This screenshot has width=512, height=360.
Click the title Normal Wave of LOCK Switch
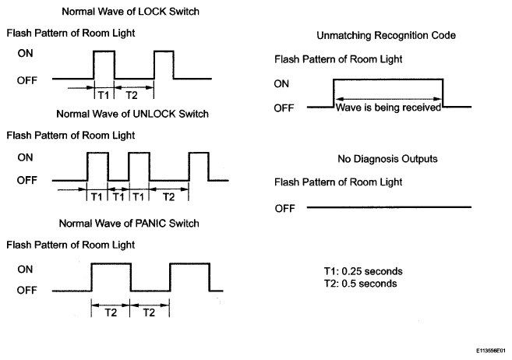click(x=131, y=12)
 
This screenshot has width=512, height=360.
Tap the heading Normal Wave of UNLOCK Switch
click(x=132, y=114)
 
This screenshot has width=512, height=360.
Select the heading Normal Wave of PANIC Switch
click(x=129, y=223)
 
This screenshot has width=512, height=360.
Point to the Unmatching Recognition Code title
click(x=387, y=35)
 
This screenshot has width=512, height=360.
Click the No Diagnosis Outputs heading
click(x=387, y=159)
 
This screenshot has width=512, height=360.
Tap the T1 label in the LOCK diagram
click(x=104, y=95)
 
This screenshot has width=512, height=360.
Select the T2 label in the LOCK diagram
click(x=132, y=95)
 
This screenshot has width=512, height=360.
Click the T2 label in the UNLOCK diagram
click(x=168, y=197)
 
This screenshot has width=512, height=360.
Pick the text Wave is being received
click(x=388, y=108)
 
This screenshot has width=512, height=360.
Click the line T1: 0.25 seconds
click(x=363, y=271)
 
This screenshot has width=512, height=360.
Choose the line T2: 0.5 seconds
click(x=361, y=284)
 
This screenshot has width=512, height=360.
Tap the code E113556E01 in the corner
click(x=490, y=351)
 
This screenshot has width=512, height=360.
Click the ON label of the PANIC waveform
click(x=25, y=270)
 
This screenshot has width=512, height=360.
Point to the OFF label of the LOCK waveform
click(x=27, y=80)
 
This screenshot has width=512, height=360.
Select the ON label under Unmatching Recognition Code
click(x=281, y=84)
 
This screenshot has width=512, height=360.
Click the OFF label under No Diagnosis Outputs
click(x=284, y=208)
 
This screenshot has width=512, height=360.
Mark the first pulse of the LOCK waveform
click(x=104, y=51)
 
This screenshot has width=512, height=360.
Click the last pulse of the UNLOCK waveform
click(x=199, y=153)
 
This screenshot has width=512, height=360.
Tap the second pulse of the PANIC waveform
click(x=189, y=263)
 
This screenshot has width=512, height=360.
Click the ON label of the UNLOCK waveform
click(x=25, y=157)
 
